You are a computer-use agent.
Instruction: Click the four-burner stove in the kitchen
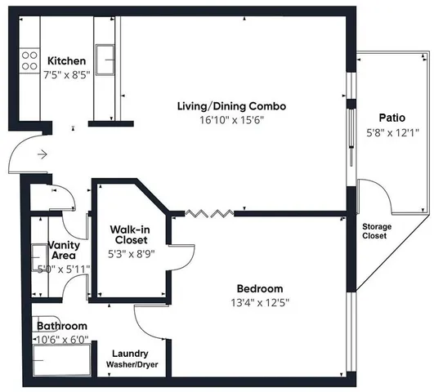30,60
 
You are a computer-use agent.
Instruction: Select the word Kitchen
67,61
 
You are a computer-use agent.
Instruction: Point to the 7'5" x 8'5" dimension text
67,75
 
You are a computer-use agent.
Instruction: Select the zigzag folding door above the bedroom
209,214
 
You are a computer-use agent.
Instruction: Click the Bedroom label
259,288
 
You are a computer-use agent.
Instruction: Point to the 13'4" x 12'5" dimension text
259,302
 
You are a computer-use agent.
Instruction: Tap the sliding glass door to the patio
351,122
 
